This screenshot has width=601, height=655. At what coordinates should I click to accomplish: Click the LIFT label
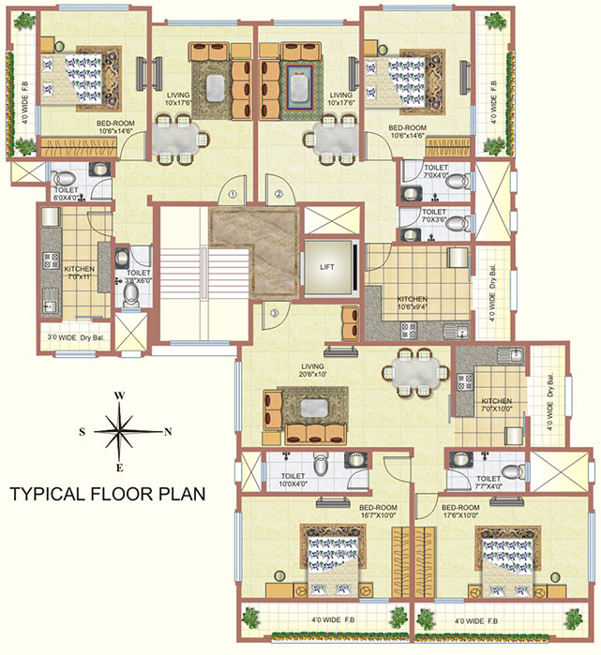(327, 267)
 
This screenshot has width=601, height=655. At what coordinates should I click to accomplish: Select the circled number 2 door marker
(278, 195)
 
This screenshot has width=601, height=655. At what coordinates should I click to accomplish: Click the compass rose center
(121, 432)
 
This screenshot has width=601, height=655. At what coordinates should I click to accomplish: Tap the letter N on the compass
(168, 432)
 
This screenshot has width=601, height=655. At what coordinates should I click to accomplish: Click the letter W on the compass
(120, 395)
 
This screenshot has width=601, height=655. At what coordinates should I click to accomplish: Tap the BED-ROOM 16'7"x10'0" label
(379, 511)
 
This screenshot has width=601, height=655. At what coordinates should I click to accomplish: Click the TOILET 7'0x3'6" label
(434, 216)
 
